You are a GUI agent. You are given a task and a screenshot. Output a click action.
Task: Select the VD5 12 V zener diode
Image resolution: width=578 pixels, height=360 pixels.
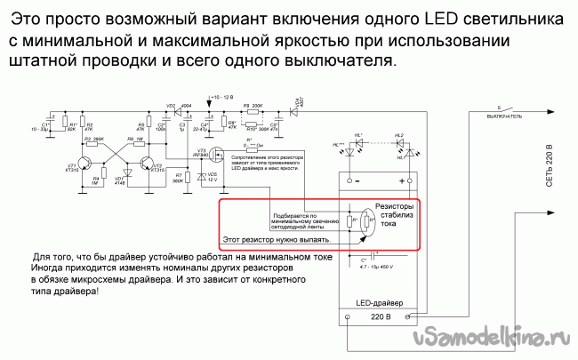pyautogui.click(x=202, y=178)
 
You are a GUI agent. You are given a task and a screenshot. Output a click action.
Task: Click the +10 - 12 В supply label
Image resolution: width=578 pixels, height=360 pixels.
pyautogui.click(x=221, y=94)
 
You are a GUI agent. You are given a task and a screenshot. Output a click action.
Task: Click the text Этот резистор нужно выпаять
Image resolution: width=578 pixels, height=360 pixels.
pyautogui.click(x=277, y=239)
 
